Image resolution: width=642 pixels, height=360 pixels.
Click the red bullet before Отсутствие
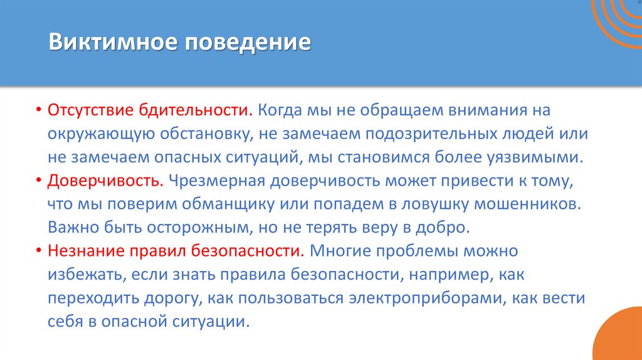point(38,111)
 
